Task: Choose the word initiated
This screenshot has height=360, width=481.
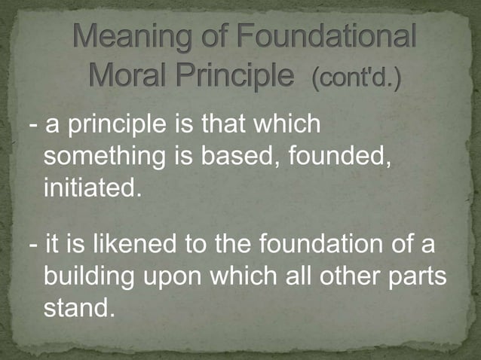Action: point(92,187)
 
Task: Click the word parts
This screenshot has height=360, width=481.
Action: point(419,277)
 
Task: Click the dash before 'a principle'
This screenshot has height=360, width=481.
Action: point(34,125)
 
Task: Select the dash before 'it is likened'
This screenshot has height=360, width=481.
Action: point(34,246)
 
